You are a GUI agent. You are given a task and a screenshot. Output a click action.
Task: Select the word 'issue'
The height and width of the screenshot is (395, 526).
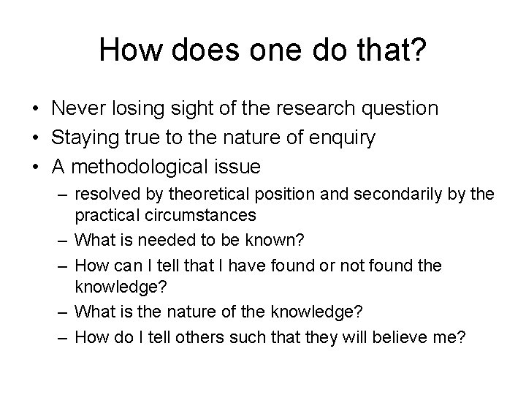(x=237, y=167)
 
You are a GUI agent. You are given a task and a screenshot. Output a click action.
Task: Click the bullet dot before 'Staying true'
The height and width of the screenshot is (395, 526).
(x=35, y=138)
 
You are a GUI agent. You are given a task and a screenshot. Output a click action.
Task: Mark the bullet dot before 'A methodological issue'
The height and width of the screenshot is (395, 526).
(x=35, y=168)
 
